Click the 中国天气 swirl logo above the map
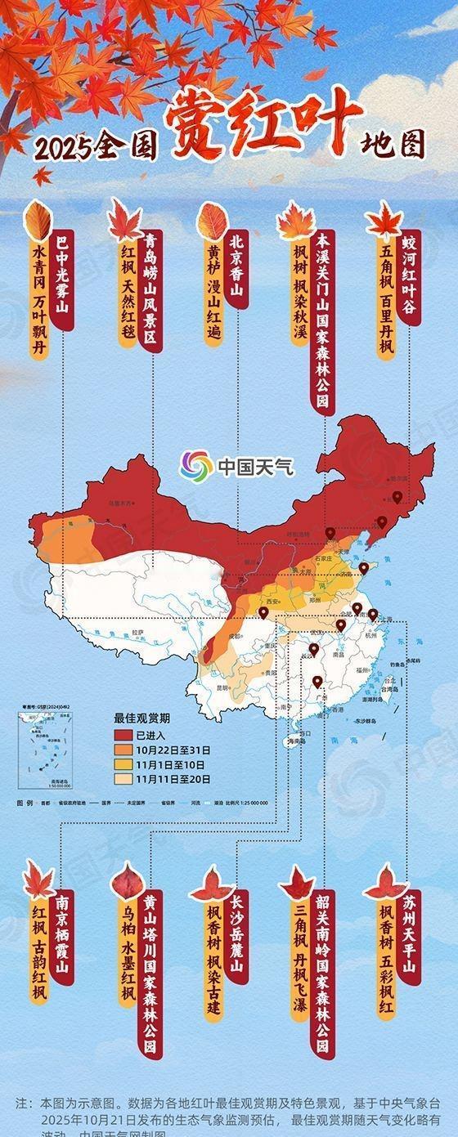click(x=196, y=467)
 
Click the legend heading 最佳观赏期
click(x=141, y=718)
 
